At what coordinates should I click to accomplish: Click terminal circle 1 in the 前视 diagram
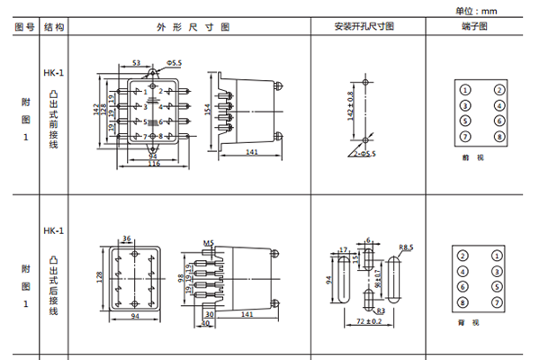464,89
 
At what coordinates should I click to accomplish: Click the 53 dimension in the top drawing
136,63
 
